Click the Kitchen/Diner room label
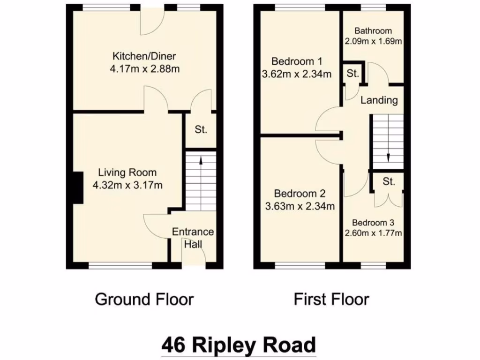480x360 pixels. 143,57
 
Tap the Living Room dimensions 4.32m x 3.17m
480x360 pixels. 128,185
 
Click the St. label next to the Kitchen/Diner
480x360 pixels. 201,130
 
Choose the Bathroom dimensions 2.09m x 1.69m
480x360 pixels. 374,41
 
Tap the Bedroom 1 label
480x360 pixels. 297,61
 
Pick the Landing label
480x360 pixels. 379,100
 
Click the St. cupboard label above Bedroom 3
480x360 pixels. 389,182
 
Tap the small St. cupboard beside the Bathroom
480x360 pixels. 353,74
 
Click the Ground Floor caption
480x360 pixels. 144,299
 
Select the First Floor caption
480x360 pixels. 331,299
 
